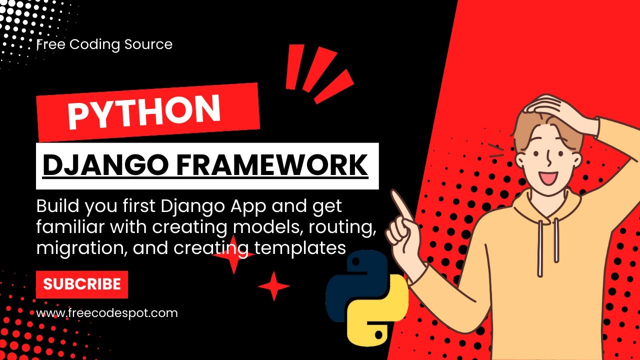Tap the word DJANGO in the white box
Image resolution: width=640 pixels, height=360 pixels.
pos(105,165)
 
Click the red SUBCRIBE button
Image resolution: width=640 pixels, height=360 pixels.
pos(82,284)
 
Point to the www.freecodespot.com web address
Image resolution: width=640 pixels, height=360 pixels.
pos(107,313)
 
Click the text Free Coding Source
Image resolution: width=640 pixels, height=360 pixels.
pos(104,44)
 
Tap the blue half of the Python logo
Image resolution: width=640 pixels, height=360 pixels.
pos(357,285)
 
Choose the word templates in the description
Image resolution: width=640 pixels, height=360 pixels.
pos(300,247)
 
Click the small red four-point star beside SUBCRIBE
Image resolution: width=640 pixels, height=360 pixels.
pos(273,286)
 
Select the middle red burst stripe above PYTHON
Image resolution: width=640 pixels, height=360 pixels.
pos(319,69)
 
